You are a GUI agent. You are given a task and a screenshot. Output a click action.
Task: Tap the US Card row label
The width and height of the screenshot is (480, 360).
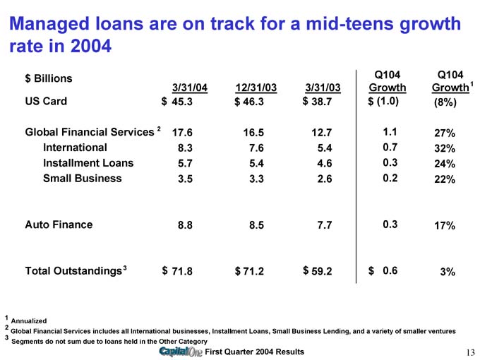pos(47,101)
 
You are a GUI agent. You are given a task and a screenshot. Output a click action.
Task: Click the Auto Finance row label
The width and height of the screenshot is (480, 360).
pos(59,224)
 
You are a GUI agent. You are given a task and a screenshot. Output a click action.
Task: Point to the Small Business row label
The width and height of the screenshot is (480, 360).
pos(82,179)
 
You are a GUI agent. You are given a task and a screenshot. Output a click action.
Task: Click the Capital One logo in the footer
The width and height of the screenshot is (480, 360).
pos(181,352)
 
